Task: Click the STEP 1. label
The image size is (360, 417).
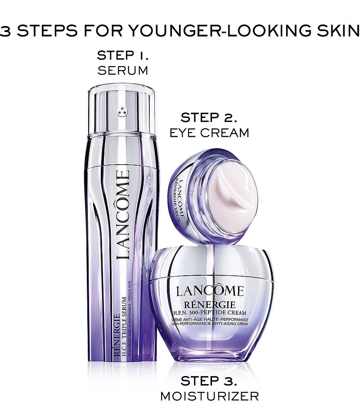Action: coord(123,56)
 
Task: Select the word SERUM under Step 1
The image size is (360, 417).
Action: coord(123,70)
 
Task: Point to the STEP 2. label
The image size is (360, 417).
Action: coord(208,118)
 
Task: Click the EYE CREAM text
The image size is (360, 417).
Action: coord(208,132)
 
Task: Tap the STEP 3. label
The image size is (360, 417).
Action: coord(209,381)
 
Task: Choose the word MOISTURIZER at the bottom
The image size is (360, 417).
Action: coord(209,396)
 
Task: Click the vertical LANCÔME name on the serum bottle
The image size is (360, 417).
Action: coord(124,215)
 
